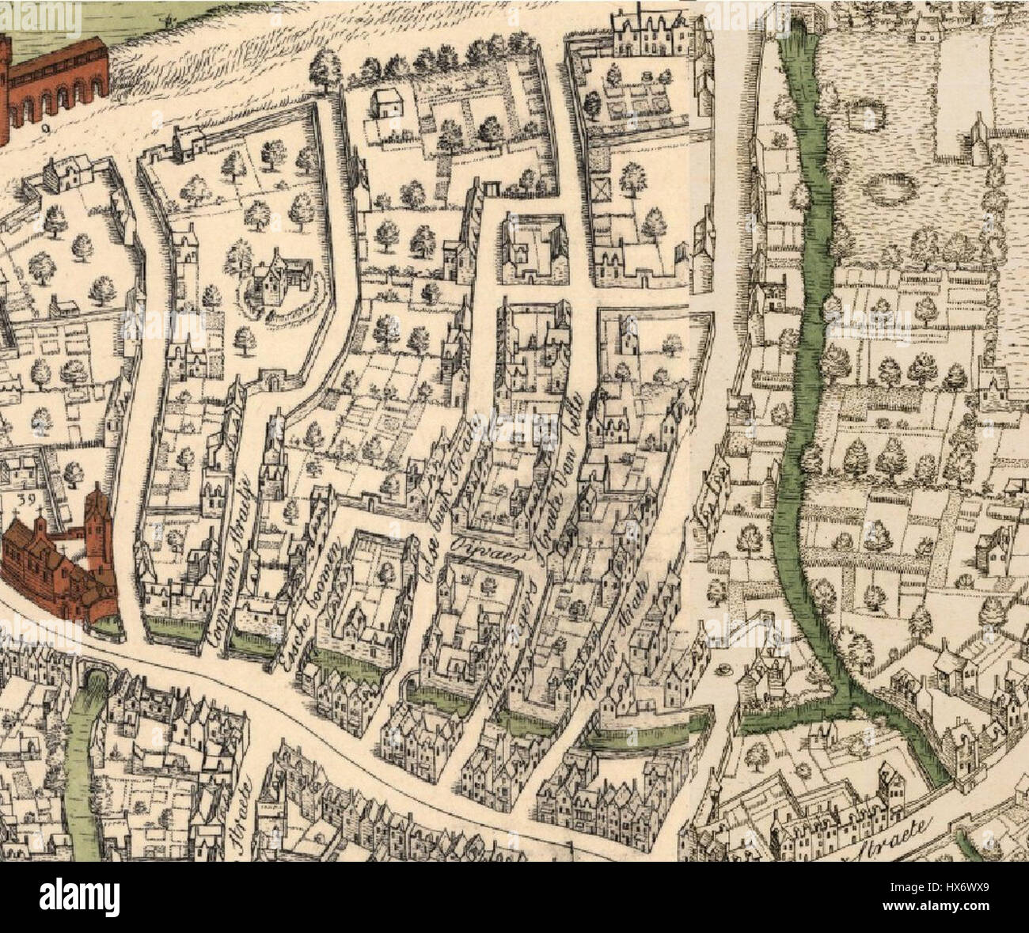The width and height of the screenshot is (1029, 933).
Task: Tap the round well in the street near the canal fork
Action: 722,669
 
